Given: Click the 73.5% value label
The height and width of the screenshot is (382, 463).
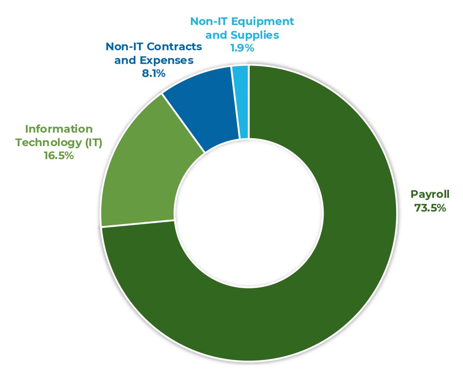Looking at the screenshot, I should [430, 208].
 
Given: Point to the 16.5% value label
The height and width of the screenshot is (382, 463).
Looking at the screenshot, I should [59, 156].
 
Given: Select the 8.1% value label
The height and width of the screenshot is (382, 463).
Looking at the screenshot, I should [154, 73].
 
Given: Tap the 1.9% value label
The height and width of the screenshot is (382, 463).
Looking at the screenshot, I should [242, 48].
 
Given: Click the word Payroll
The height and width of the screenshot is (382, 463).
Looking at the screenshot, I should [430, 194].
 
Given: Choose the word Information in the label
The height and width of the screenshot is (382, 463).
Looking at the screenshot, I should [59, 129].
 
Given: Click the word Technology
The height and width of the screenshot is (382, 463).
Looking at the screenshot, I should [49, 142].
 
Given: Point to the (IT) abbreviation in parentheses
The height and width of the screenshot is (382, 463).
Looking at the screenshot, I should [94, 142].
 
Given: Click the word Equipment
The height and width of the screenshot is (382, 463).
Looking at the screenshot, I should [262, 21].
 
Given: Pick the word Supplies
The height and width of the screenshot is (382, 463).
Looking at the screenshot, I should [255, 35].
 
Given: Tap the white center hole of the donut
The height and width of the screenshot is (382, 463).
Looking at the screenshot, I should [249, 213].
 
